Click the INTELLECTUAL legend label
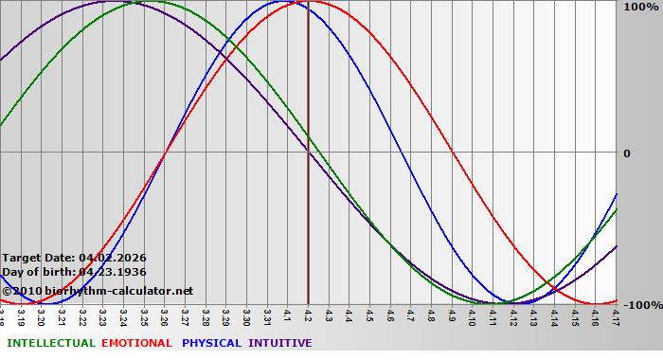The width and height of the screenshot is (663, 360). pos(50,343)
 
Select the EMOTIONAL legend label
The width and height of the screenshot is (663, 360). pos(136,343)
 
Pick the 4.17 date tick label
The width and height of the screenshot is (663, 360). pos(616,315)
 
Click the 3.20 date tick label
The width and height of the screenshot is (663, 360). pos(42,315)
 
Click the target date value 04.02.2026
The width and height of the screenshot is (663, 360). pos(112,258)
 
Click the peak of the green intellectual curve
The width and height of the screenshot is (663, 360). pos(145,2)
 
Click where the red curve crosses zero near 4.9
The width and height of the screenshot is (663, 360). pos(453,152)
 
